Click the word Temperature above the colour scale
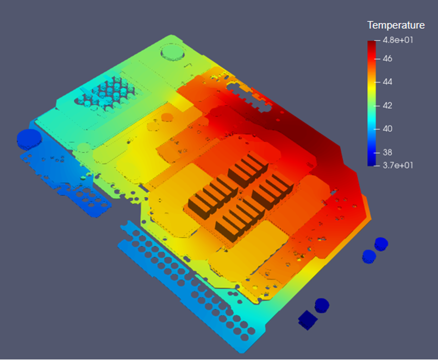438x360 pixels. [x=396, y=25]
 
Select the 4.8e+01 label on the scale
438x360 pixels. [x=398, y=40]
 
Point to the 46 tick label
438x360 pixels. [x=387, y=59]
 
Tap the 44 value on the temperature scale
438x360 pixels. [x=387, y=82]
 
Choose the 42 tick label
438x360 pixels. [x=387, y=105]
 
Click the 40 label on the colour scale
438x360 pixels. [x=387, y=129]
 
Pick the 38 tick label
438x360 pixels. [x=387, y=153]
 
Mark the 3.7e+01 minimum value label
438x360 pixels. [x=398, y=165]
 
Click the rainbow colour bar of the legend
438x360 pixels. [x=372, y=103]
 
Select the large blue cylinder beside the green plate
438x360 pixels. [x=29, y=139]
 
